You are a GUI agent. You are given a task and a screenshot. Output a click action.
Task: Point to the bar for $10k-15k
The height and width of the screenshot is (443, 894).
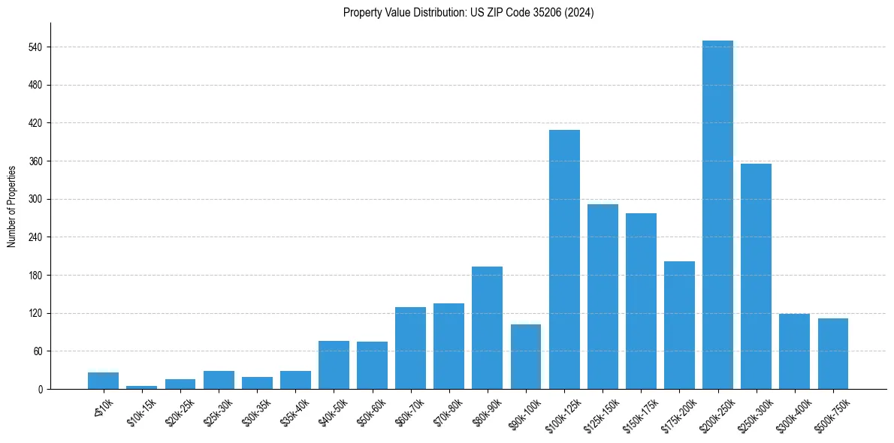coord(141,387)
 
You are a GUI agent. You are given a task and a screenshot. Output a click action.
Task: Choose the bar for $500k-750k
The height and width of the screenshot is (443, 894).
coord(832,354)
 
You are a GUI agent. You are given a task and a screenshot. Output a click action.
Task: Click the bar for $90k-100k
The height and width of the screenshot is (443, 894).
coord(525,357)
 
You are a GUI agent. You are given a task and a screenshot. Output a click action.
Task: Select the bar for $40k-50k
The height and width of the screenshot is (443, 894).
coord(334,365)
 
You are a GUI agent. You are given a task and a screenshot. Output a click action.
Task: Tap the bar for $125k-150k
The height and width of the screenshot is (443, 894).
coord(603,297)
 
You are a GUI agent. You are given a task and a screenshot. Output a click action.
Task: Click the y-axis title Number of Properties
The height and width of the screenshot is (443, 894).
coord(11,206)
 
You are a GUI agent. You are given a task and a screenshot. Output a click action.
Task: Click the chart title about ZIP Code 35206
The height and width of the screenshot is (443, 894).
coord(468,13)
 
